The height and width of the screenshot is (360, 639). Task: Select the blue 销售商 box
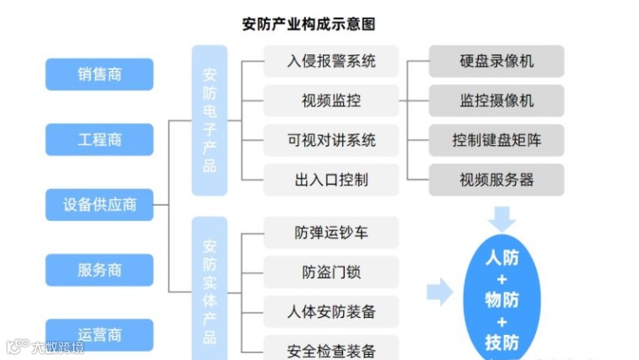[x=99, y=75]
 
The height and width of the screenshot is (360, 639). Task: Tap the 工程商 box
[x=99, y=139]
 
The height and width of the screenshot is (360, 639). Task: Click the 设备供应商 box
[x=99, y=204]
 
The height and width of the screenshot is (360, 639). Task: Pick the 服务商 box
[x=99, y=269]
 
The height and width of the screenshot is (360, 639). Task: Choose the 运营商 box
[x=99, y=334]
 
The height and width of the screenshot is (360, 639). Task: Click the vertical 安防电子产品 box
[x=210, y=120]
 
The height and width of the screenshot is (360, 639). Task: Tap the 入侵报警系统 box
[x=330, y=61]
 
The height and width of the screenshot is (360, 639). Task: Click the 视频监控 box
[x=330, y=101]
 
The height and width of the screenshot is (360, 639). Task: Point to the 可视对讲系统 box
[x=330, y=140]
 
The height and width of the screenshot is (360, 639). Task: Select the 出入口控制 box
[x=330, y=179]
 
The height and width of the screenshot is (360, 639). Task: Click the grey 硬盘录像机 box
[x=496, y=61]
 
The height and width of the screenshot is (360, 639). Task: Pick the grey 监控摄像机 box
[x=496, y=101]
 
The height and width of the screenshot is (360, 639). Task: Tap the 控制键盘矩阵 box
[x=496, y=140]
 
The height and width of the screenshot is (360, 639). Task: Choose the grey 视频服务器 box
[x=496, y=179]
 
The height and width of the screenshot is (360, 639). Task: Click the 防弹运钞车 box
[x=330, y=232]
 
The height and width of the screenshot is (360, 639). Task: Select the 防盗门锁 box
[x=330, y=272]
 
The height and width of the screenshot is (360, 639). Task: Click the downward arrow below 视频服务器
[x=502, y=220]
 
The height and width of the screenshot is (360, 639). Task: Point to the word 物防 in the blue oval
[x=502, y=300]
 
